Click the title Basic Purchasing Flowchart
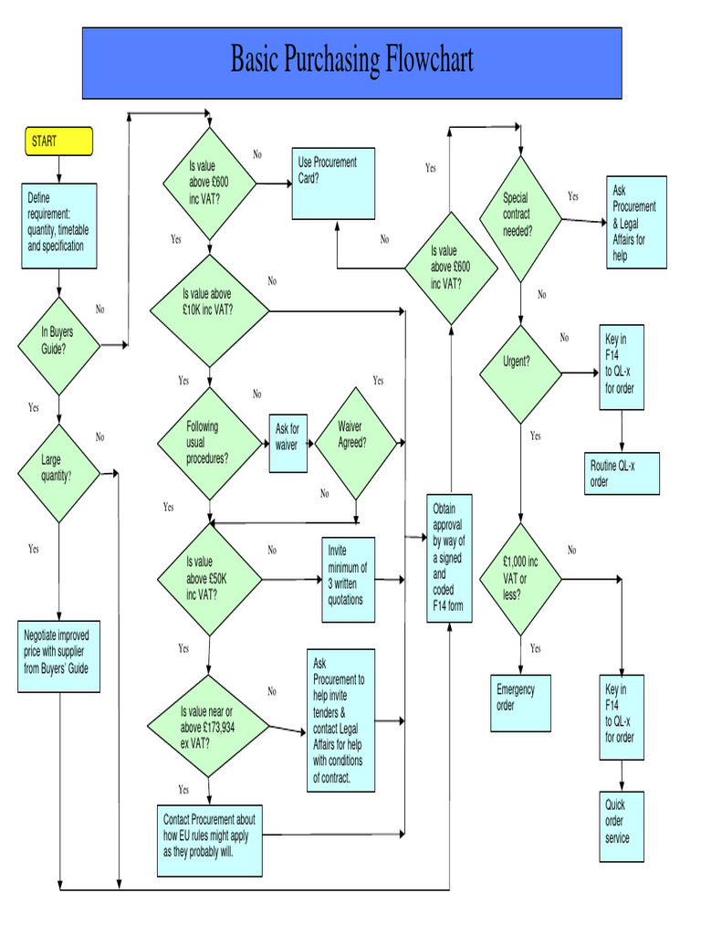(351, 62)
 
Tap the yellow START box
(58, 142)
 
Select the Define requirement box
(59, 226)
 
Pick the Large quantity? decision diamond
(58, 473)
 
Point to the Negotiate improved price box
(58, 657)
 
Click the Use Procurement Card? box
(333, 184)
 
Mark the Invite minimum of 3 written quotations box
(348, 580)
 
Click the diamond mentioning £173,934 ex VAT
(210, 727)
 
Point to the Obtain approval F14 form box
(450, 558)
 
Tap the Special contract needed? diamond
(520, 218)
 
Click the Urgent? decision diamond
(520, 373)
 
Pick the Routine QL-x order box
(622, 474)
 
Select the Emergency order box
(520, 704)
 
